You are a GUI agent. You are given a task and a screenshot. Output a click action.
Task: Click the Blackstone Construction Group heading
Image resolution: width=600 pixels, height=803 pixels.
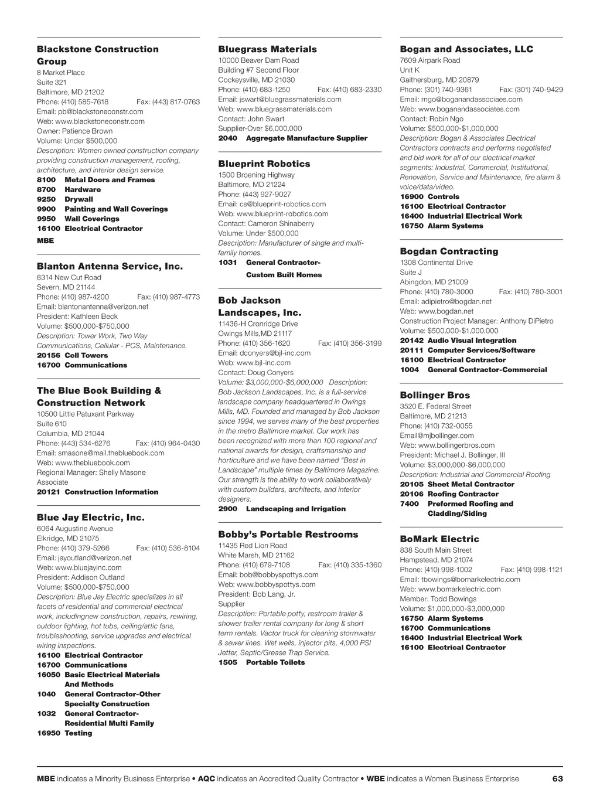[x=97, y=55]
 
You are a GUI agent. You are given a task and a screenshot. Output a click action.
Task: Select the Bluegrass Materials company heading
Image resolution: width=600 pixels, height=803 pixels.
[x=267, y=49]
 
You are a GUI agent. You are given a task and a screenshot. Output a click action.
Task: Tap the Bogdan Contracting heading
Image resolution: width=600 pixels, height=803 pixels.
[x=449, y=251]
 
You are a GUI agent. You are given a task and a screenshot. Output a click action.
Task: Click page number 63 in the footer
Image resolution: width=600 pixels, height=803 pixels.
[x=557, y=779]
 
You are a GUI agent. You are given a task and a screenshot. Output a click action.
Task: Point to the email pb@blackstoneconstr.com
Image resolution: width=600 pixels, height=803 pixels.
[x=90, y=111]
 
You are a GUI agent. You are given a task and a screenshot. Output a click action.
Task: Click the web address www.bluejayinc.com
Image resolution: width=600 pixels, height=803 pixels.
[x=79, y=567]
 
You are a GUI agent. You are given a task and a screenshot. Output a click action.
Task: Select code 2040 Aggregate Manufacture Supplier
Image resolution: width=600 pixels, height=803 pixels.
[x=293, y=138]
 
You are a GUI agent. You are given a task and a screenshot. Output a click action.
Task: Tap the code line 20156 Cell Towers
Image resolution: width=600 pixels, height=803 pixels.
[x=72, y=355]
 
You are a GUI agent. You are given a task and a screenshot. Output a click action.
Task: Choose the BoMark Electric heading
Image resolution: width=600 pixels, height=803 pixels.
[x=439, y=539]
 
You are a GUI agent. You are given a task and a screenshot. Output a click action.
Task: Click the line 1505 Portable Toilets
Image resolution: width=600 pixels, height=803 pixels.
[x=261, y=662]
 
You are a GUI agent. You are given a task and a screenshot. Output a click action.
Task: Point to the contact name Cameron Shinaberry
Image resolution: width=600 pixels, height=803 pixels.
[x=266, y=223]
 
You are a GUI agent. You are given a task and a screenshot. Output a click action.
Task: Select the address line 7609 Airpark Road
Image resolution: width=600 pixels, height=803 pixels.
[x=429, y=60]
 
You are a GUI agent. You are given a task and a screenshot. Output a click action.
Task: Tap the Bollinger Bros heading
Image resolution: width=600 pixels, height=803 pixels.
[x=435, y=395]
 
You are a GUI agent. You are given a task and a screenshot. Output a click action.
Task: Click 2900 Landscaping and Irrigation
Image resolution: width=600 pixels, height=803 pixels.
[x=282, y=509]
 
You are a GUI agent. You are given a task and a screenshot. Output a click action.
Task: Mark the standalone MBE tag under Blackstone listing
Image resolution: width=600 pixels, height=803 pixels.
[x=45, y=241]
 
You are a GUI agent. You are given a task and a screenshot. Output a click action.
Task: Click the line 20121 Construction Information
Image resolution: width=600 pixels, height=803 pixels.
[x=97, y=492]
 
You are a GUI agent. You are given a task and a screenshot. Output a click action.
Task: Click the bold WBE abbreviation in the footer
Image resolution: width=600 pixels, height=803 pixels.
[x=376, y=779]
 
